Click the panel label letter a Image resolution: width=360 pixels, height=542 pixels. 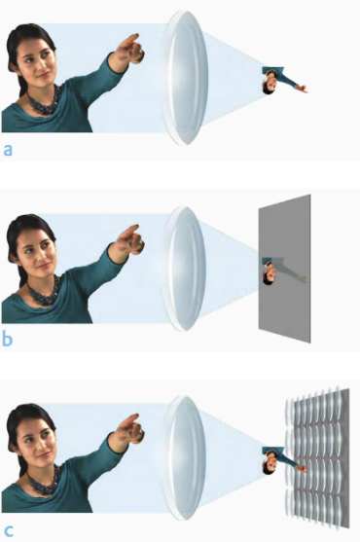click(8, 151)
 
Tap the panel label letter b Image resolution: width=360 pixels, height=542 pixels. click(7, 338)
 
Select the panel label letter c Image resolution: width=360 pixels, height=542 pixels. click(8, 530)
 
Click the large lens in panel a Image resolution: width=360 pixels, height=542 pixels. click(185, 78)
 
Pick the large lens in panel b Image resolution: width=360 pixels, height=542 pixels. click(185, 269)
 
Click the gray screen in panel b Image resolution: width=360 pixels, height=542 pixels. click(285, 269)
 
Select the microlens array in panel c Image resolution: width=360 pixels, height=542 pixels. click(317, 458)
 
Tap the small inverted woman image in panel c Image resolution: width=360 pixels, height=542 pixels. click(284, 460)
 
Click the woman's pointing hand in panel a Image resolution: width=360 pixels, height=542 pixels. click(129, 50)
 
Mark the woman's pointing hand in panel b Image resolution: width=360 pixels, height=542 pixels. click(129, 240)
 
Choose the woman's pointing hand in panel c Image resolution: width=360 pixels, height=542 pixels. click(129, 430)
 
